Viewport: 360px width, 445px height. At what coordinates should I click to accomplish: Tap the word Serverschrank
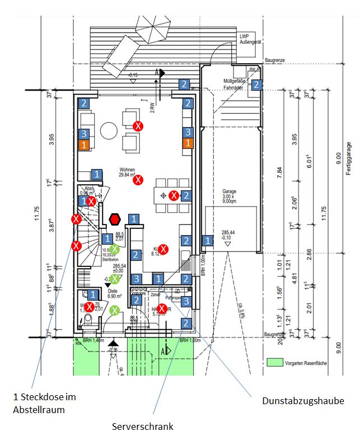pyautogui.click(x=143, y=427)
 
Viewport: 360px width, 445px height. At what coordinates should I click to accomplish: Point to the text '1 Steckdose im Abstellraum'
pyautogui.click(x=44, y=402)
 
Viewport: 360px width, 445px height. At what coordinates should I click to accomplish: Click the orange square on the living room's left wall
pyautogui.click(x=83, y=144)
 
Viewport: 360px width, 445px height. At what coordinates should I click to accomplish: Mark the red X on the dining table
pyautogui.click(x=174, y=195)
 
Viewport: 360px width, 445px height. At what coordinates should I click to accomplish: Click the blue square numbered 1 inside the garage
pyautogui.click(x=208, y=241)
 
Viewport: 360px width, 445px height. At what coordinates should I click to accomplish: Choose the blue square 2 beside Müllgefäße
pyautogui.click(x=256, y=85)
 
